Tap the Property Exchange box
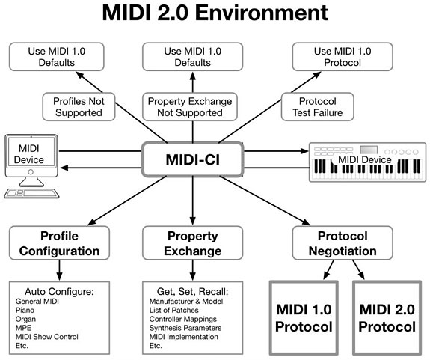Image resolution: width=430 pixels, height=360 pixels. [183, 242]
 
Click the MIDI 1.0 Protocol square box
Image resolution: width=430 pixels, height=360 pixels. [303, 318]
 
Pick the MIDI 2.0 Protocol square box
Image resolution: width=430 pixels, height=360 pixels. [386, 318]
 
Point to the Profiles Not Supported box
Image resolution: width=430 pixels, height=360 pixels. [78, 106]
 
